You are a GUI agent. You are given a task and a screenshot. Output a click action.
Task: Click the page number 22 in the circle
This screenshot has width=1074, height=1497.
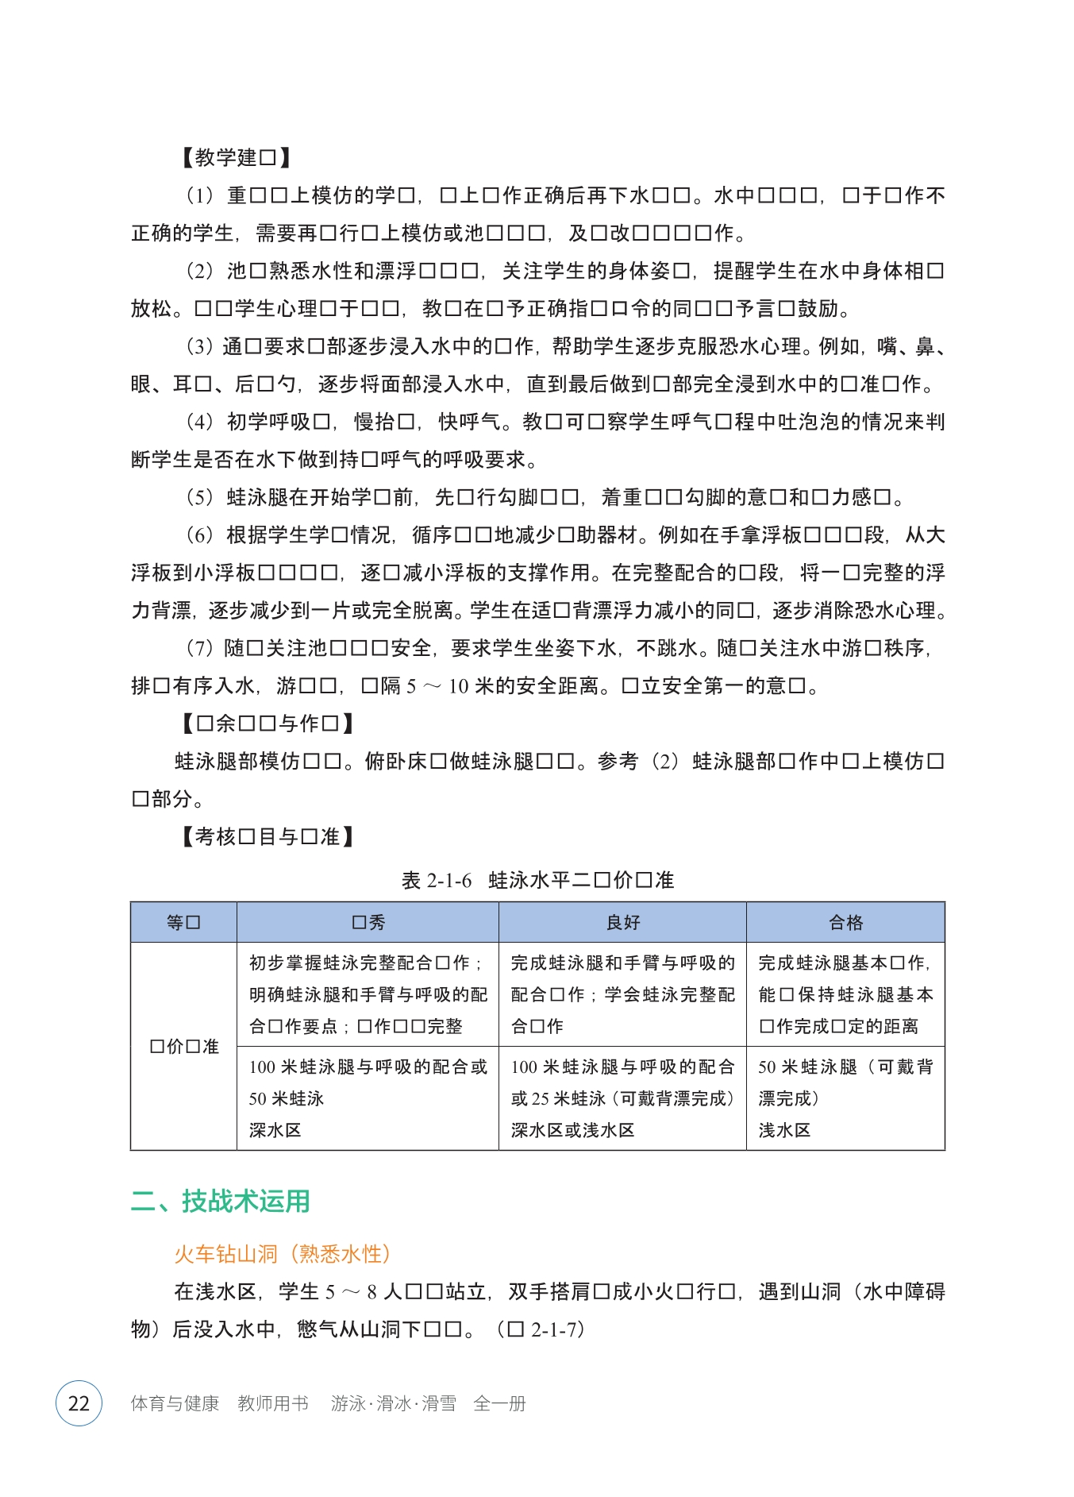coord(79,1403)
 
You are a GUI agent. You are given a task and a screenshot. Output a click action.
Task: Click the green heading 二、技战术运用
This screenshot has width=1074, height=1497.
coord(220,1201)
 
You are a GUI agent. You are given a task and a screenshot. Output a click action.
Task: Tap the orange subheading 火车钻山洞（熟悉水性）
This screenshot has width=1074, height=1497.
coord(282,1254)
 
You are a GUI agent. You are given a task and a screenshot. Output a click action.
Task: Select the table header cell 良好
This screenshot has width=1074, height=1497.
coord(622,922)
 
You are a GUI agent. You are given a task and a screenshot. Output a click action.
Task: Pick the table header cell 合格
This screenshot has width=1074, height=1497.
coord(845,922)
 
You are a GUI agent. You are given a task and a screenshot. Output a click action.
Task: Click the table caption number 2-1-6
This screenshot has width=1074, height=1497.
coord(449,880)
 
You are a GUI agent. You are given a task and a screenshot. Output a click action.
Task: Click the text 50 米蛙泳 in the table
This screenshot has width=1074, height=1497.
coord(287,1098)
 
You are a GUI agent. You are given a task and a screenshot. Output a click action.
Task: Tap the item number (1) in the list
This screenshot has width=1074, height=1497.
coord(199,195)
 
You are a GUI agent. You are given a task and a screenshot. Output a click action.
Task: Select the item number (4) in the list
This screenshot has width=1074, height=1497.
coord(199,422)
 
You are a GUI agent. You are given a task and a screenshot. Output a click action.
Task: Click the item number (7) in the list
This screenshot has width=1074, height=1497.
coord(199,648)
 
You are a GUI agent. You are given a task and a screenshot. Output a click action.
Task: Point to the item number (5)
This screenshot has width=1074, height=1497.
coord(199,497)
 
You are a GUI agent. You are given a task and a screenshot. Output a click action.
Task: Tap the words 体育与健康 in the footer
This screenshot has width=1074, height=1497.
coord(175,1403)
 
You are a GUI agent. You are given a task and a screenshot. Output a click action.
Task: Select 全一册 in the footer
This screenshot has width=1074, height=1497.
coord(499,1403)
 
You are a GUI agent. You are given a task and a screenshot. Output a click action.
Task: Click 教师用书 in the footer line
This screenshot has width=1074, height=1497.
coord(272,1403)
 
